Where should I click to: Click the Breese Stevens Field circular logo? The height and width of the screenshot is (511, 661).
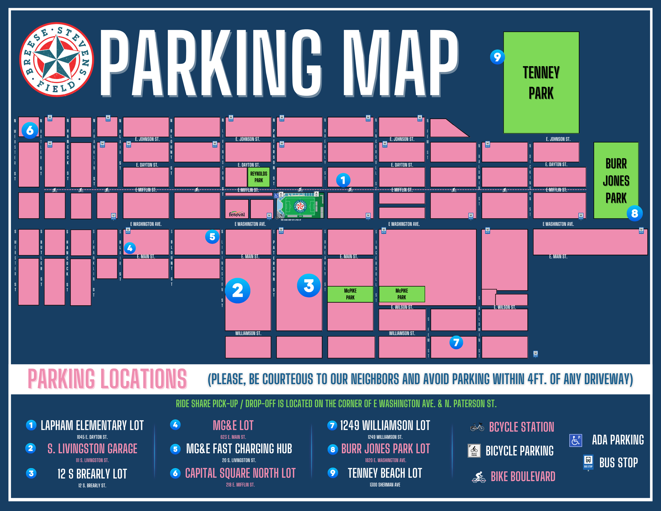[x=57, y=59]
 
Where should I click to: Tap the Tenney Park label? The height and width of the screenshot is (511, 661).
[x=541, y=82]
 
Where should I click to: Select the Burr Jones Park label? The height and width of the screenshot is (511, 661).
[x=616, y=181]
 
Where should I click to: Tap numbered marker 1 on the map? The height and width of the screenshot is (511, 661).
[x=343, y=180]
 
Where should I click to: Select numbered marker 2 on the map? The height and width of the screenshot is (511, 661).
[x=238, y=291]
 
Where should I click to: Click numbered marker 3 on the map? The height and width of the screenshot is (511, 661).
[x=309, y=285]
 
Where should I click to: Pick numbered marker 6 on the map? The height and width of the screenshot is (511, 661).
[x=30, y=130]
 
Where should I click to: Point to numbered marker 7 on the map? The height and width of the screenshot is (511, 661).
[x=456, y=342]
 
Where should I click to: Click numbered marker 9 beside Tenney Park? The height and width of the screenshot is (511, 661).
[x=497, y=57]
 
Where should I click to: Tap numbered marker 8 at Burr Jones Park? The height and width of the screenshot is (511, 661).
[x=634, y=213]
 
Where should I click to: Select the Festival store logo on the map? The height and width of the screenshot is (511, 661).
[x=237, y=214]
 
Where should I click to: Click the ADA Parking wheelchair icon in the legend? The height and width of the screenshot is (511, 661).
[x=575, y=440]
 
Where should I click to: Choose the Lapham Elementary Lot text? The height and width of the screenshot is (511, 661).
[x=92, y=426]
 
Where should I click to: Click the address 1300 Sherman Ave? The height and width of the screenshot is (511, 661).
[x=385, y=485]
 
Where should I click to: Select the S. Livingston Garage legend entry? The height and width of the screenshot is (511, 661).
[x=92, y=449]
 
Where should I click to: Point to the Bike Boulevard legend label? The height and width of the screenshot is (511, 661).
[x=523, y=477]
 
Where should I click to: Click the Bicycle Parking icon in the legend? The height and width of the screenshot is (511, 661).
[x=474, y=450]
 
